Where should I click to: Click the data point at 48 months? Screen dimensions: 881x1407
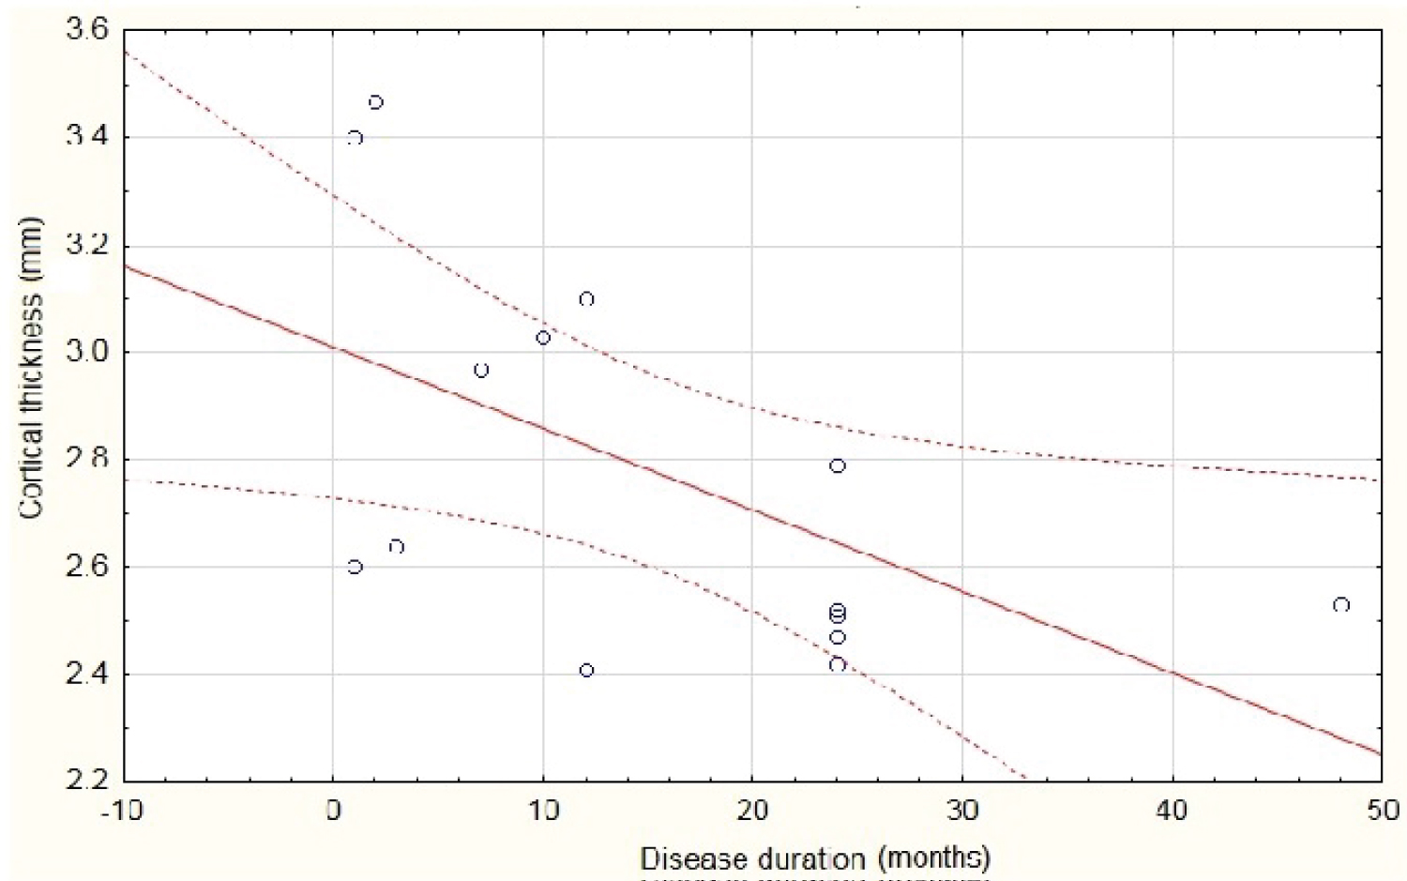tap(1340, 605)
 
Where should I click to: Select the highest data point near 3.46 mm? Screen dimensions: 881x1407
tap(375, 102)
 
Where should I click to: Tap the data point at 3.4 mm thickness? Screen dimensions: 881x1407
tap(355, 138)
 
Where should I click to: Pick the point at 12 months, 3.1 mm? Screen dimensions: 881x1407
tap(586, 299)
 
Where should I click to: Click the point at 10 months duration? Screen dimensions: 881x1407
tap(543, 338)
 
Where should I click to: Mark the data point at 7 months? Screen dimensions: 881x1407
tap(481, 371)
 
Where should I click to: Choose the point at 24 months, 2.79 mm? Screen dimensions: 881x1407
tap(838, 466)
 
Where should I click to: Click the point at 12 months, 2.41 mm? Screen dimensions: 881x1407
tap(586, 670)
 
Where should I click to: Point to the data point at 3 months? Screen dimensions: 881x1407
tap(396, 546)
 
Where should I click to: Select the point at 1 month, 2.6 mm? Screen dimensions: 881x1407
tap(355, 567)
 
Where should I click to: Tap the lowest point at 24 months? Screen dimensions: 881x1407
tap(838, 664)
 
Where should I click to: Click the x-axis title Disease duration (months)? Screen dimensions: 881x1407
tap(815, 858)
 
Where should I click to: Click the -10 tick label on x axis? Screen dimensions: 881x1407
tap(123, 811)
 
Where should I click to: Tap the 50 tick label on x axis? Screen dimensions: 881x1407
tap(1381, 811)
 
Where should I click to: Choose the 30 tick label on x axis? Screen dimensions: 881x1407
tap(961, 811)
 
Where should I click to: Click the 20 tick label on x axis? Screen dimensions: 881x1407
tap(751, 811)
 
